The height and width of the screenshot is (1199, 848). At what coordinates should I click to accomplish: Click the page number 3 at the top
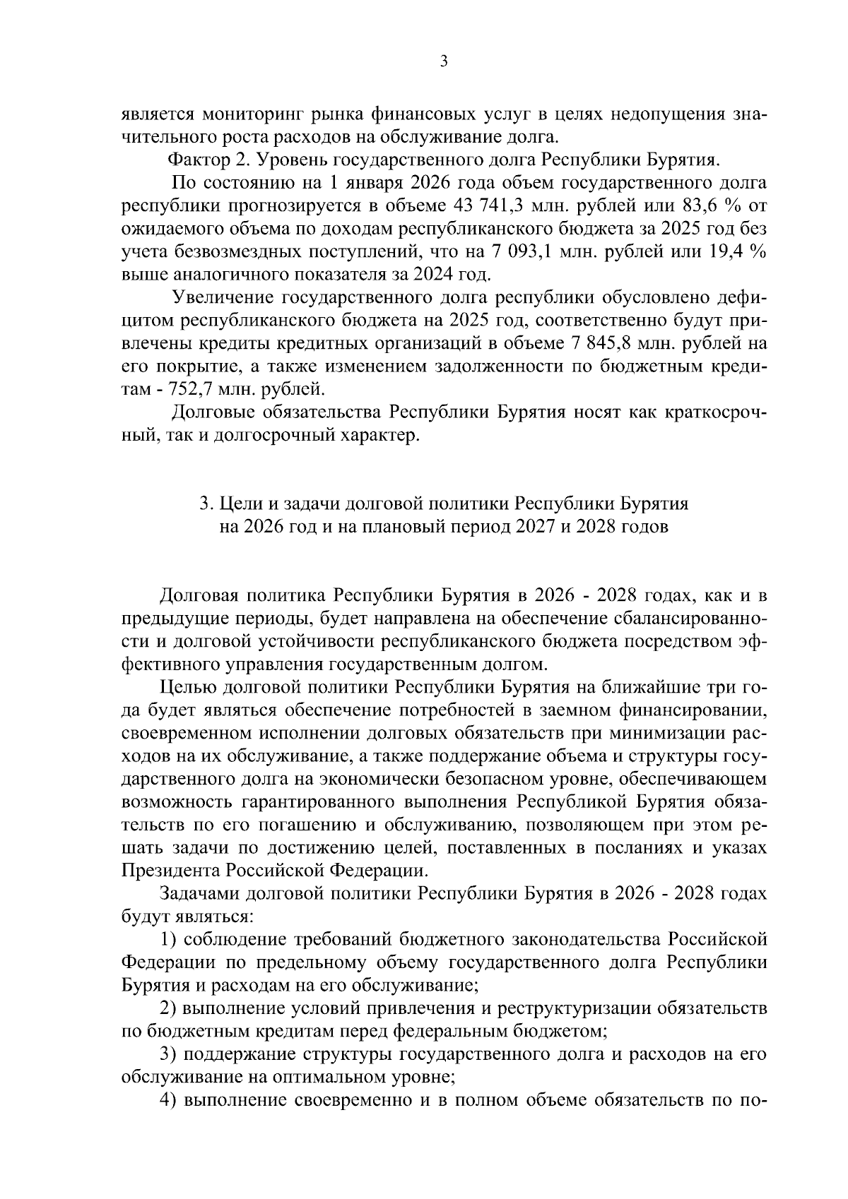coord(443,61)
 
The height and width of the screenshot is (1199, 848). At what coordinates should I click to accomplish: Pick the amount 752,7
coord(192,390)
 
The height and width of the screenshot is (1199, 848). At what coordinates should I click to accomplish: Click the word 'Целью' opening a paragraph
coord(187,687)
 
